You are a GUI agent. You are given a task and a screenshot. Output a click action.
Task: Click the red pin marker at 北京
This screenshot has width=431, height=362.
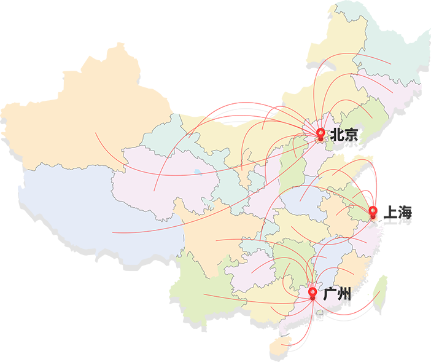pyautogui.click(x=320, y=133)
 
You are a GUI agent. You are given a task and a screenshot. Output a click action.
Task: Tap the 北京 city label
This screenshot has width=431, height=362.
pyautogui.click(x=343, y=137)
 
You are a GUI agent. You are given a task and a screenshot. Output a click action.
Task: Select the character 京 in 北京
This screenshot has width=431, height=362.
pyautogui.click(x=351, y=138)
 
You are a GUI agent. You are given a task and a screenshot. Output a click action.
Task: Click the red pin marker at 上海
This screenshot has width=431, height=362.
pyautogui.click(x=372, y=213)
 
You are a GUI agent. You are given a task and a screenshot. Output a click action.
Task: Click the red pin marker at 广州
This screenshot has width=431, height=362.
pyautogui.click(x=313, y=293)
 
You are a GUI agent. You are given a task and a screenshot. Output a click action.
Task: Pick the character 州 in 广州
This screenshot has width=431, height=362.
pyautogui.click(x=345, y=297)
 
